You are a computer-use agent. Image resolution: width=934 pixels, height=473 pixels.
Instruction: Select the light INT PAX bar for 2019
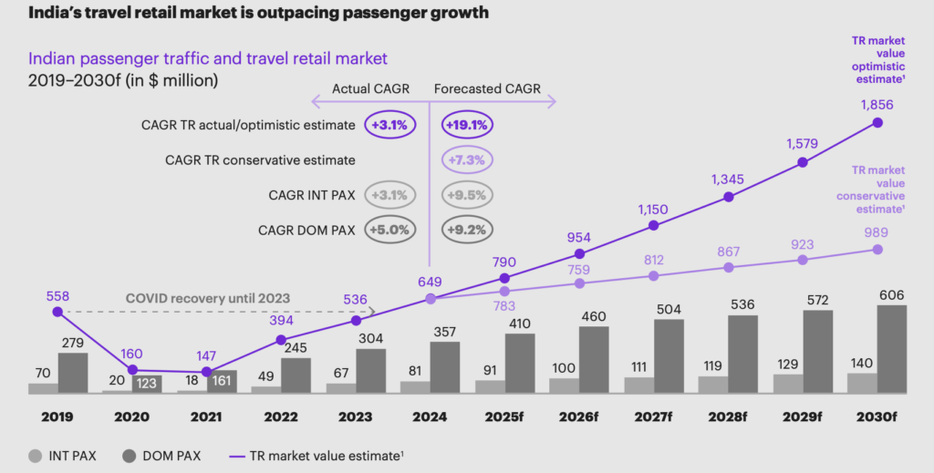coord(43,388)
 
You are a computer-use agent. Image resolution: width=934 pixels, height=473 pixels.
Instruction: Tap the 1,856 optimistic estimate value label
coord(878,104)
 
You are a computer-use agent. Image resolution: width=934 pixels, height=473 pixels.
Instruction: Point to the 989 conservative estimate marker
coord(877,249)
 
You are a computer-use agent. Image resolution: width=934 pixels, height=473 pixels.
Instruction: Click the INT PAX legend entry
coord(64,454)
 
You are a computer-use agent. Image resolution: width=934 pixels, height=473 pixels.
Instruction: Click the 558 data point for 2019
coord(57,312)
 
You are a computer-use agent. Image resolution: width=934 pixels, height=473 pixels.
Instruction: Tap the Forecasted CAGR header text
coord(487,88)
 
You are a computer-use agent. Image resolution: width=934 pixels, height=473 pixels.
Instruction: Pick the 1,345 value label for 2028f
coord(727,179)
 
